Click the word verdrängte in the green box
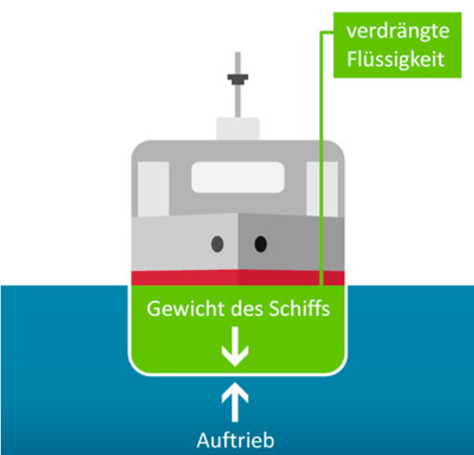tap(398, 32)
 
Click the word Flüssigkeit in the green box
tap(396, 59)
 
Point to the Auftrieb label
tap(236, 440)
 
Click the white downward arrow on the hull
tap(235, 347)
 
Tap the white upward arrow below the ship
tap(235, 402)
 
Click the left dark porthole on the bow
tap(217, 244)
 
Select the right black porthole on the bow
tap(261, 244)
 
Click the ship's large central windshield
tap(237, 177)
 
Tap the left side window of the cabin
tap(153, 189)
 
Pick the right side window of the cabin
tap(322, 189)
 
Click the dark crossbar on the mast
tap(238, 79)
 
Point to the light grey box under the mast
tap(237, 129)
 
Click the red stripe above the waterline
tap(237, 277)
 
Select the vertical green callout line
tap(322, 158)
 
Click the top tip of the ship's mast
tap(238, 52)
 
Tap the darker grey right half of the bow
tap(291, 242)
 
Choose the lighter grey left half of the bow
tap(184, 242)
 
